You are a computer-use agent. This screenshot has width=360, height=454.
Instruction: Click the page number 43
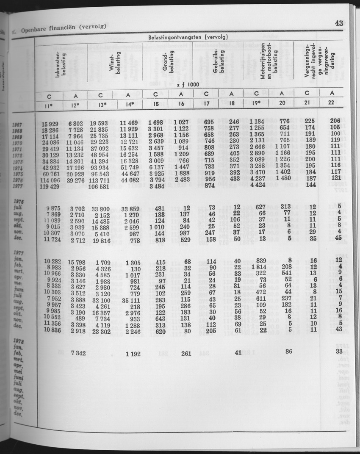338,23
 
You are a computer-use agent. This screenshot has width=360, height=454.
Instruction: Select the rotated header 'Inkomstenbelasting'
60,64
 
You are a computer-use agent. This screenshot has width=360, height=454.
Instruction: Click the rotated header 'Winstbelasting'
116,64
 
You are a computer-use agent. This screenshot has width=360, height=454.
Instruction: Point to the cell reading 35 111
130,299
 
